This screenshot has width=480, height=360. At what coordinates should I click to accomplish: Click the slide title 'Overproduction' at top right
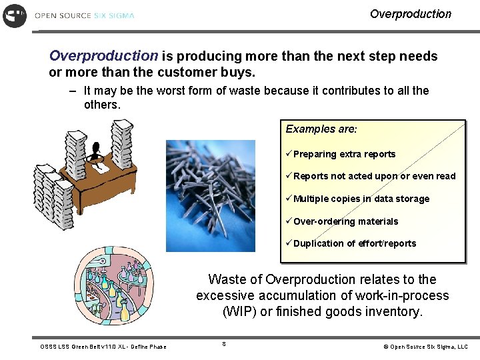click(x=410, y=14)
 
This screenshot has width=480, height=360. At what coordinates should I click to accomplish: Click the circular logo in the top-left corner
click(x=15, y=15)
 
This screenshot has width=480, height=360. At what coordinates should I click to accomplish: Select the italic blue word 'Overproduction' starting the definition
click(x=103, y=56)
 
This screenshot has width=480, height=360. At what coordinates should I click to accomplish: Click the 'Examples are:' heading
click(x=321, y=129)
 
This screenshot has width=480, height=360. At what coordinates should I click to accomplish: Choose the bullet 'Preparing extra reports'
click(x=344, y=154)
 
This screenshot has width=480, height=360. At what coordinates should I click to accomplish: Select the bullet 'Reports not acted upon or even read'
click(x=374, y=176)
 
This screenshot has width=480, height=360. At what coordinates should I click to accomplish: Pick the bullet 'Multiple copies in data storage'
click(x=361, y=199)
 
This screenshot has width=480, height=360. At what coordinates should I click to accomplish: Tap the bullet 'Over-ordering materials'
click(x=345, y=221)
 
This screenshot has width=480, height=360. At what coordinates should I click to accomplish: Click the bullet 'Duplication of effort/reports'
click(x=354, y=243)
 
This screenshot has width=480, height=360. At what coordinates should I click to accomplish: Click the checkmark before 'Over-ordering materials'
click(x=289, y=221)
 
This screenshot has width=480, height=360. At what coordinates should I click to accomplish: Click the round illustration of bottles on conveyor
click(x=113, y=286)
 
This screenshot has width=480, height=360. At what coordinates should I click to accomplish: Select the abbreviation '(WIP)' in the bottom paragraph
click(x=237, y=311)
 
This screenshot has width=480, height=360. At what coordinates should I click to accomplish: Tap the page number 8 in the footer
click(x=224, y=344)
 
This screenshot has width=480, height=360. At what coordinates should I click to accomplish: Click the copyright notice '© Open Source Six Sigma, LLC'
click(x=425, y=347)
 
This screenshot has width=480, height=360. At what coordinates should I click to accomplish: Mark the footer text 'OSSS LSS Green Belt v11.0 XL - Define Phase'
click(x=103, y=347)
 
